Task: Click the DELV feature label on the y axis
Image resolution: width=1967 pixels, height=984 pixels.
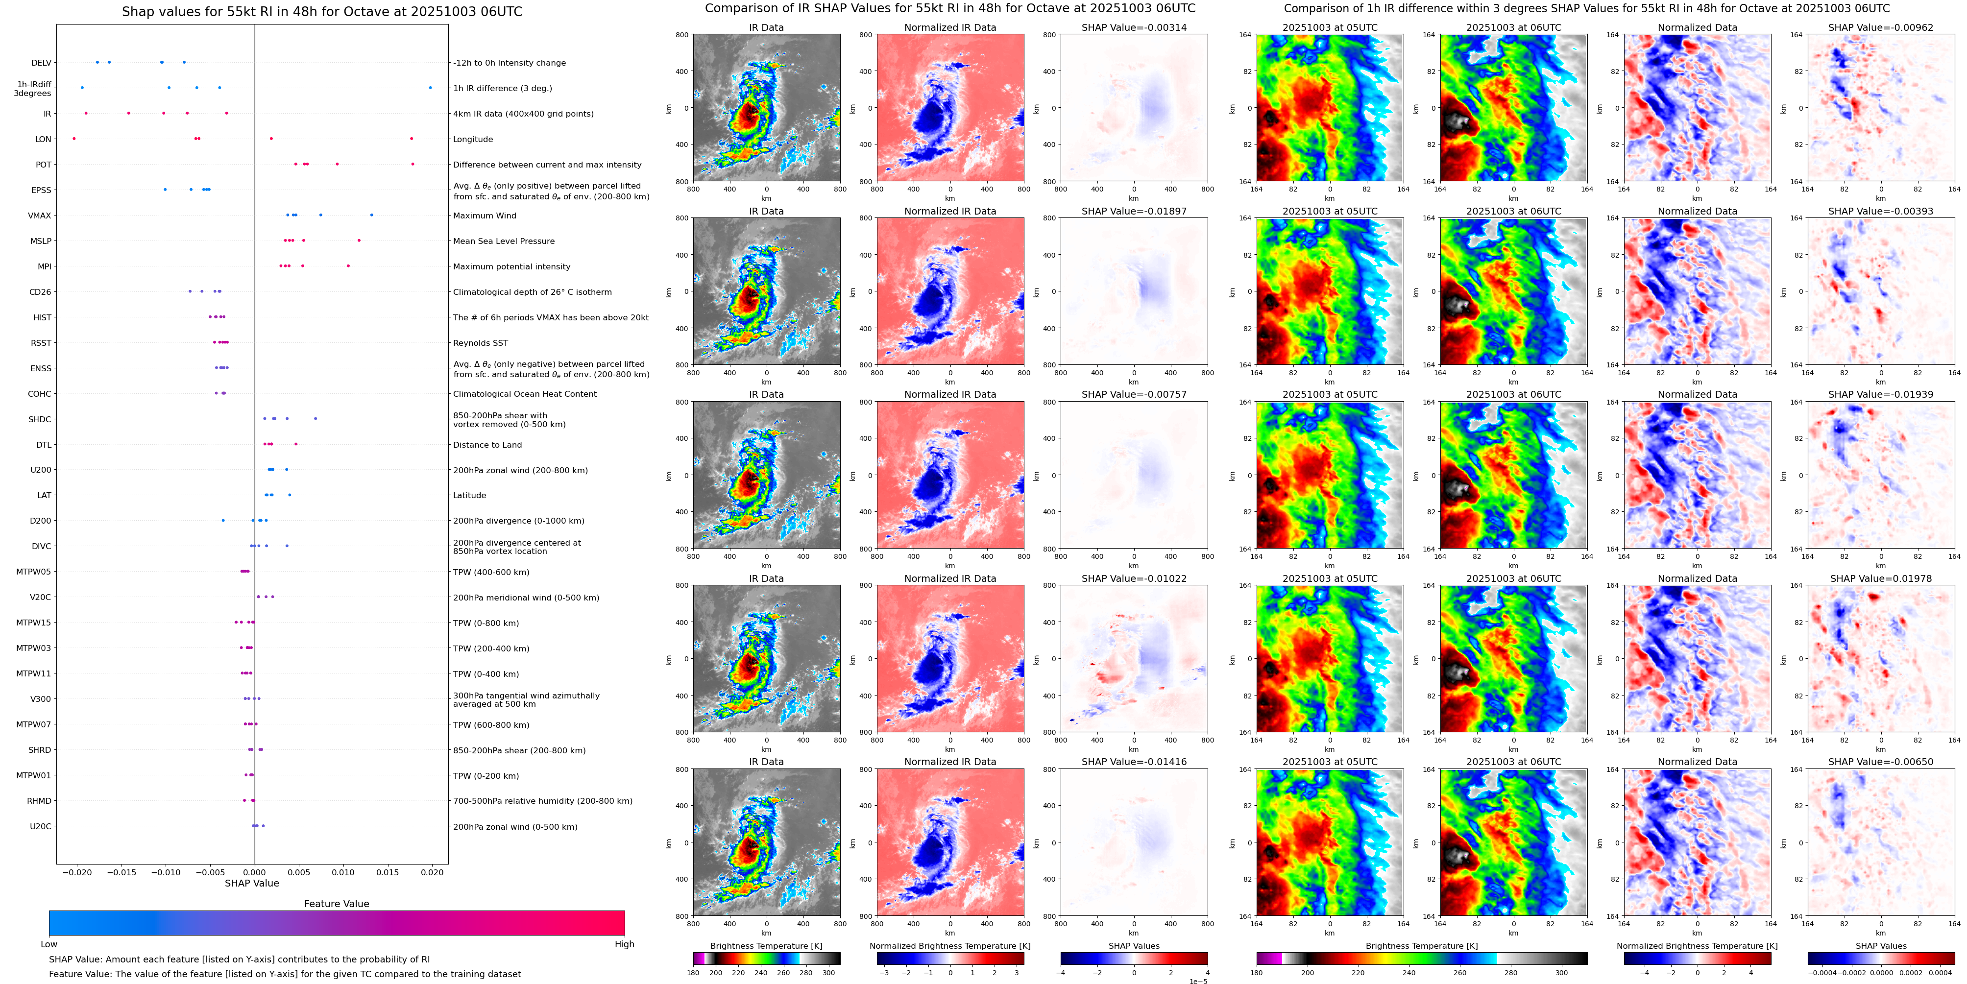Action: coord(41,63)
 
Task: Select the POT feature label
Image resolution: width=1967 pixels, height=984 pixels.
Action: coord(44,165)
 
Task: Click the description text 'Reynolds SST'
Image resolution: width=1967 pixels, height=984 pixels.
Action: coord(480,343)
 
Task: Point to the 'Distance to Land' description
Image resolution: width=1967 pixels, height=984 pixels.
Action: coord(487,445)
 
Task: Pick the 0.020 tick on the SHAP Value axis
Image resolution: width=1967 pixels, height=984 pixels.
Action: coord(432,872)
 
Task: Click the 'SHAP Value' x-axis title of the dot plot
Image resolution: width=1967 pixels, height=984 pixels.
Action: coord(251,883)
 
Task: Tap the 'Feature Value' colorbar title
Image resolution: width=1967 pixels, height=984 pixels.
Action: coord(336,904)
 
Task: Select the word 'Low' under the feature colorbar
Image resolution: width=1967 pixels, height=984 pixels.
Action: coord(49,944)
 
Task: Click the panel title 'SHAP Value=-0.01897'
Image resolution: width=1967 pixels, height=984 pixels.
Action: coord(1134,212)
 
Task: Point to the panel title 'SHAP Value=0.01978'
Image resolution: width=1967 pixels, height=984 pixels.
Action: coord(1881,578)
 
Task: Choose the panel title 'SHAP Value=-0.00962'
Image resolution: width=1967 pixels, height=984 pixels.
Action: coord(1881,27)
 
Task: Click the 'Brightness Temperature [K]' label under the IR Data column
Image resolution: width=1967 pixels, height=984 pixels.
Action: coord(766,946)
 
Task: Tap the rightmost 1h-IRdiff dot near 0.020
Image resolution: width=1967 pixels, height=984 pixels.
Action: coord(430,88)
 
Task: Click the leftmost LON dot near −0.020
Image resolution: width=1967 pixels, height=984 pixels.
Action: coord(74,138)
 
